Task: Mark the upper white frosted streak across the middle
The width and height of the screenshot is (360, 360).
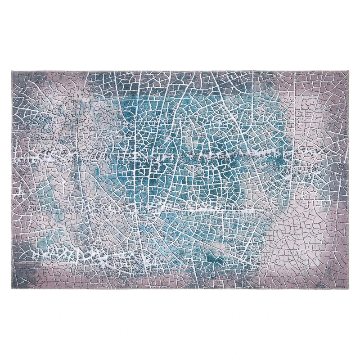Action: [x=180, y=155]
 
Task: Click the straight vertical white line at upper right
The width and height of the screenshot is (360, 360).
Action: [x=295, y=103]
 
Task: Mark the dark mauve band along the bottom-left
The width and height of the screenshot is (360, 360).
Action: [x=58, y=274]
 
